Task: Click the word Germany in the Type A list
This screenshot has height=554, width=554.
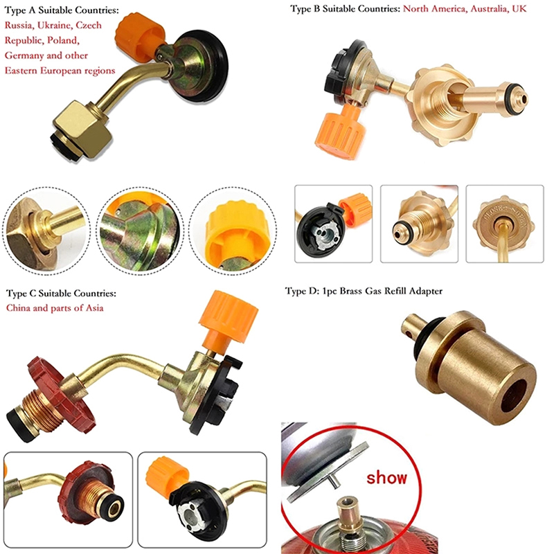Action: (24, 56)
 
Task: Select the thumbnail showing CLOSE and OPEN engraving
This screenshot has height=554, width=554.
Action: (505, 224)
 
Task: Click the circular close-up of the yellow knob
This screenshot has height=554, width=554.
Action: (233, 231)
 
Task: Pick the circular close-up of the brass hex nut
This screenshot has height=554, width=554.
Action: (46, 231)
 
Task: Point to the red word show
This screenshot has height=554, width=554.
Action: (386, 478)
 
